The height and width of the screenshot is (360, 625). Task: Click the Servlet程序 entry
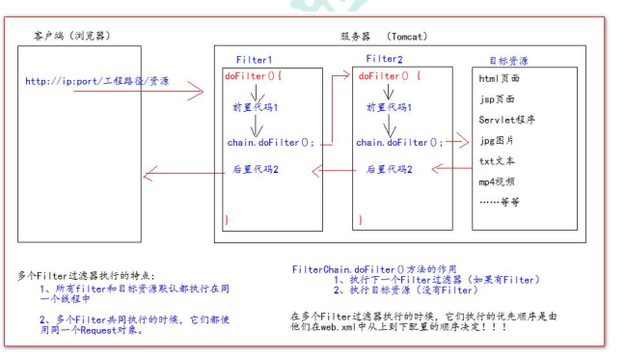(x=506, y=120)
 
